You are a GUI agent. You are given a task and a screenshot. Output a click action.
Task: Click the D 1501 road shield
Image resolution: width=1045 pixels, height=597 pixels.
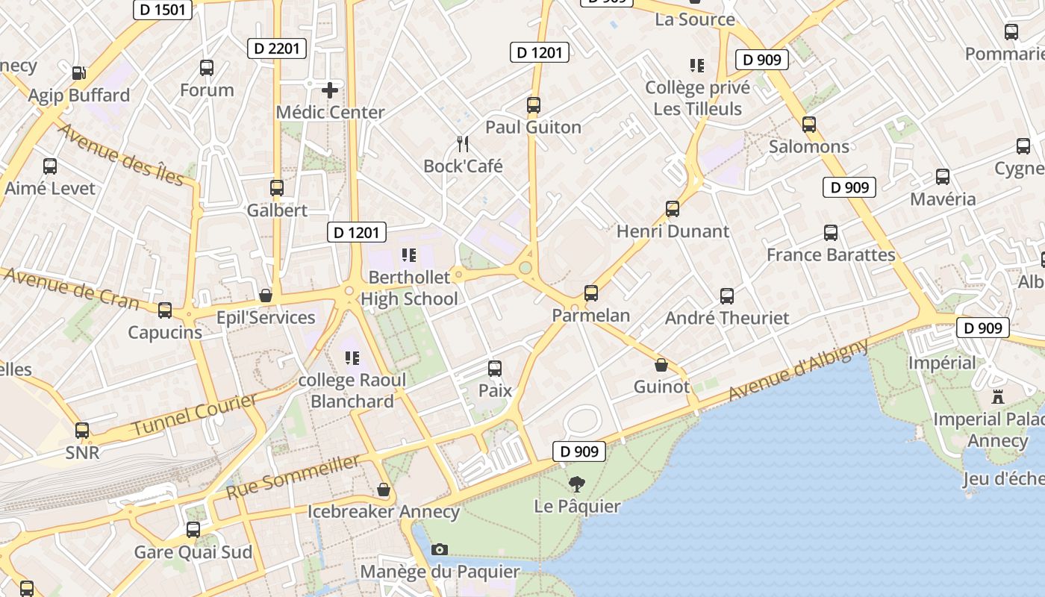tap(163, 10)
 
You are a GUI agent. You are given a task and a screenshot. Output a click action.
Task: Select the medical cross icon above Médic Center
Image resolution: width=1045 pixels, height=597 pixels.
tap(330, 91)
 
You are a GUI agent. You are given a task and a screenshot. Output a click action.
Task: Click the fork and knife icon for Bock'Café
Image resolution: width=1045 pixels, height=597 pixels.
tap(463, 143)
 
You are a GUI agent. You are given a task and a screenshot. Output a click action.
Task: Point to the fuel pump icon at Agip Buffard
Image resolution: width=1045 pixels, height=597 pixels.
tap(78, 73)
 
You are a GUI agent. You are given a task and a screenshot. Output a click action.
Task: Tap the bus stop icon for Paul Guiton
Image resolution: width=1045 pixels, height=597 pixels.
tap(533, 105)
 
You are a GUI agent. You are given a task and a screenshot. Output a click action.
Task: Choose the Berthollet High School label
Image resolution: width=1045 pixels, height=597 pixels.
tap(409, 288)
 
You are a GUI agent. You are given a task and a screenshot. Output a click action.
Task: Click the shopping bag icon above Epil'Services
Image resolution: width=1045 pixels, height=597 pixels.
tap(265, 296)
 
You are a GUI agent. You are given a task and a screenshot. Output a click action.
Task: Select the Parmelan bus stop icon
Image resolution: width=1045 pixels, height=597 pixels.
tap(591, 293)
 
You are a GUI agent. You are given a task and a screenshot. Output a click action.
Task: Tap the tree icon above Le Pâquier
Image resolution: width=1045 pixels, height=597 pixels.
tap(576, 484)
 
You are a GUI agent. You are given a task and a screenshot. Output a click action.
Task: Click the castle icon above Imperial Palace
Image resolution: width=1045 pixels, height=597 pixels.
tap(998, 396)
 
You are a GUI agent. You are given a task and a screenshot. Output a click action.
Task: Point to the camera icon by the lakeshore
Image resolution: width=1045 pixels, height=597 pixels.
tap(440, 550)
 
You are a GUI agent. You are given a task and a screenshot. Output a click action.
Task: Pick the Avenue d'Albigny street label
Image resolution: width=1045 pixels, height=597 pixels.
tap(799, 369)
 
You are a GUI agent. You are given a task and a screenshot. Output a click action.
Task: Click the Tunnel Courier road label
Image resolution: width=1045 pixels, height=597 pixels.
tap(195, 415)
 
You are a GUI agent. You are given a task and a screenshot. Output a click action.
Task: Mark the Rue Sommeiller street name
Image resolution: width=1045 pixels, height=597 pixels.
tap(293, 477)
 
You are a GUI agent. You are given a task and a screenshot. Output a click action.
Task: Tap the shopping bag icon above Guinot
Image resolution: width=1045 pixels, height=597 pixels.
tap(661, 365)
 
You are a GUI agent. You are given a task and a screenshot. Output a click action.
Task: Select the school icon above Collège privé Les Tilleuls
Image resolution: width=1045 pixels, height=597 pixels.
tap(697, 66)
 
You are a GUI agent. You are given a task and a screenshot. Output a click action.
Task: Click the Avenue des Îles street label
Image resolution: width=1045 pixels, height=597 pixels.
tap(120, 154)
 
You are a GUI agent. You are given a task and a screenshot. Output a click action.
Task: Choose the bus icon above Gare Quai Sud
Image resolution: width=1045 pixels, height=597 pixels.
tap(193, 530)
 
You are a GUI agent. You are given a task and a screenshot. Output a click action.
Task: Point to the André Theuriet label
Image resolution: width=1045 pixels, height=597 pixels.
tap(726, 319)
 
